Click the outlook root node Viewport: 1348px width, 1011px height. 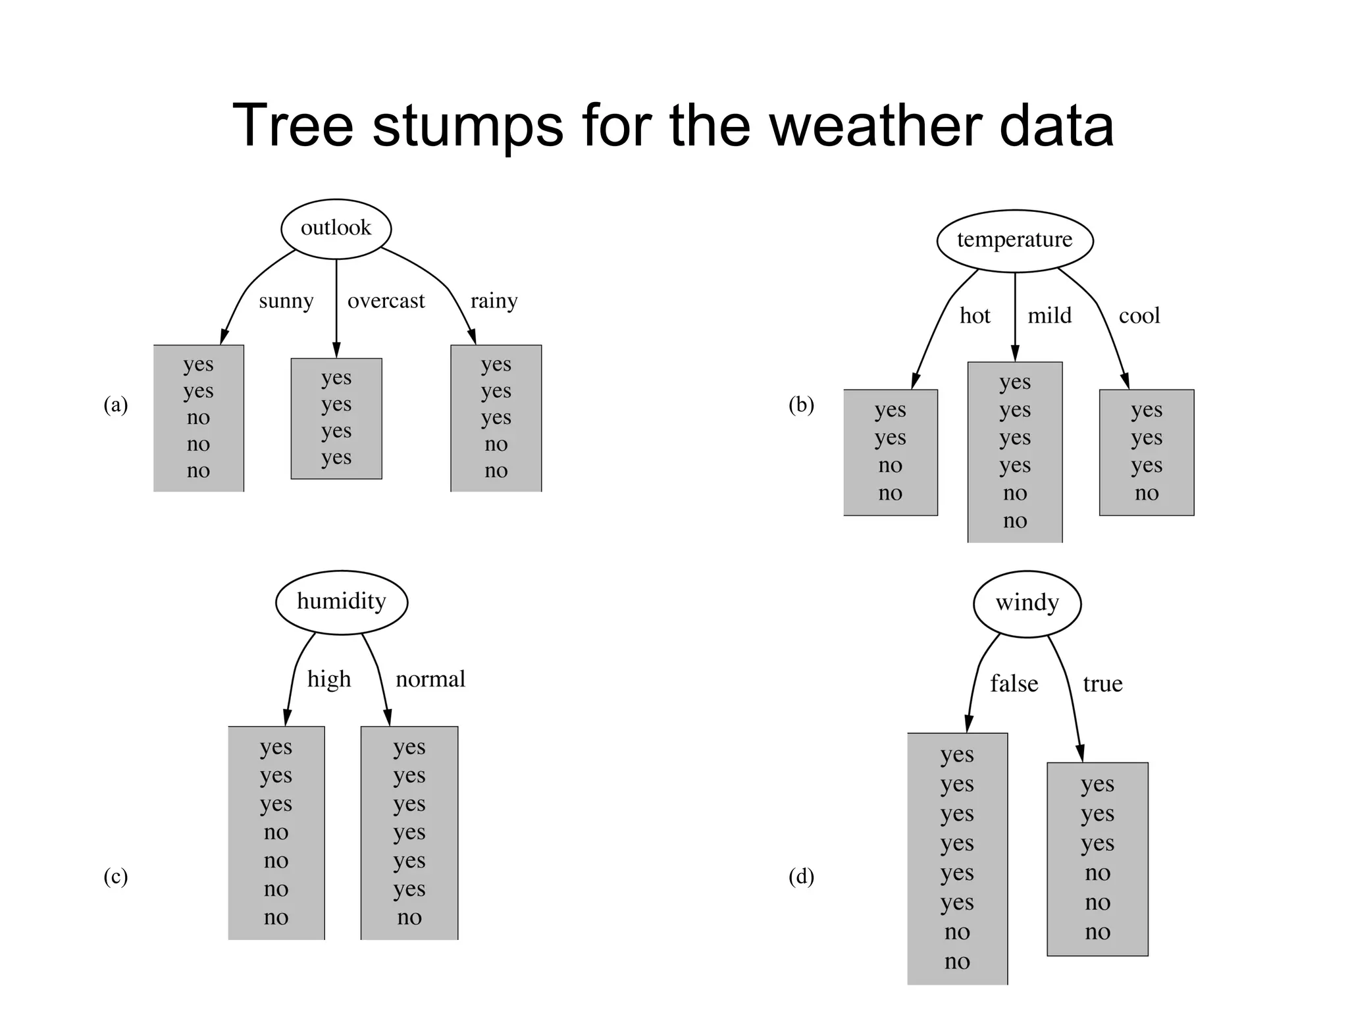(x=336, y=228)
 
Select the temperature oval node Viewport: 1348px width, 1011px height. (x=1014, y=240)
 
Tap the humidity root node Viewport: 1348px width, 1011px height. (x=341, y=602)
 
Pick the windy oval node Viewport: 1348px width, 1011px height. (x=1027, y=603)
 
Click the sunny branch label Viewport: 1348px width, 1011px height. (x=286, y=301)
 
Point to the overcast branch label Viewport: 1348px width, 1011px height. (x=386, y=301)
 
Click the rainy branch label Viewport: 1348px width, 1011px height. (x=494, y=301)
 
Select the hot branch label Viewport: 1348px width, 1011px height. (x=974, y=316)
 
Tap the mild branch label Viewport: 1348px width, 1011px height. (x=1049, y=316)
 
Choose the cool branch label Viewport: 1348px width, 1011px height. (x=1139, y=316)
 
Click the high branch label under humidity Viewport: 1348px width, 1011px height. (x=329, y=679)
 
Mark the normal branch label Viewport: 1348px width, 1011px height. (x=430, y=679)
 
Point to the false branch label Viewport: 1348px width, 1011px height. (x=1014, y=684)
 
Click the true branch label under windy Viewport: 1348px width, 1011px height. (x=1102, y=684)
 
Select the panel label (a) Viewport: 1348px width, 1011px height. (x=116, y=404)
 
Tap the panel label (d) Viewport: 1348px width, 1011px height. (x=801, y=877)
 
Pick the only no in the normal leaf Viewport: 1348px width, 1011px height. (x=409, y=917)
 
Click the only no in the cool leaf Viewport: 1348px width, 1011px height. (x=1146, y=493)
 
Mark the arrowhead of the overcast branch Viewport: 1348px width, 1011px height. (x=336, y=351)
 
